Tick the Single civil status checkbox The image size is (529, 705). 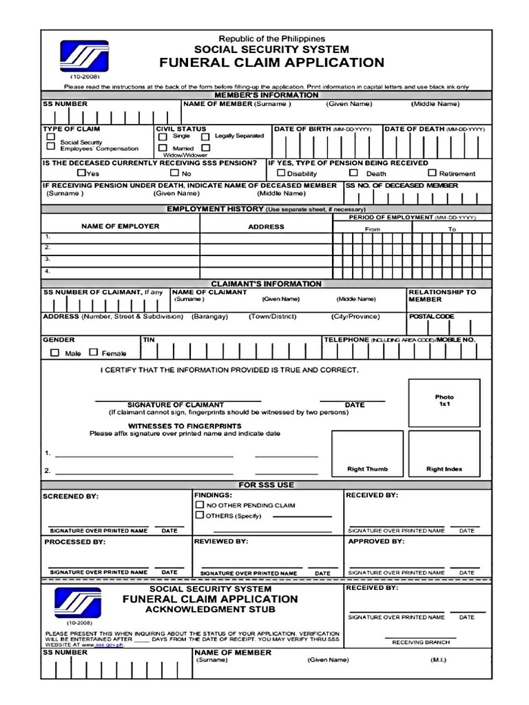pyautogui.click(x=163, y=136)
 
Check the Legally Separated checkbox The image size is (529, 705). pyautogui.click(x=205, y=136)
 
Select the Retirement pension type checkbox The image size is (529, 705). pyautogui.click(x=433, y=173)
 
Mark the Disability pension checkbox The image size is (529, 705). pyautogui.click(x=280, y=173)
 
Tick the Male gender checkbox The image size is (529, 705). pyautogui.click(x=55, y=352)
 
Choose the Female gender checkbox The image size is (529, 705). pyautogui.click(x=93, y=352)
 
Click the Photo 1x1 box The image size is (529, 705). pyautogui.click(x=444, y=401)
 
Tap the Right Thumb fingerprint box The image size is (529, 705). pyautogui.click(x=367, y=453)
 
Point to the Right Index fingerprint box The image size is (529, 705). pyautogui.click(x=444, y=453)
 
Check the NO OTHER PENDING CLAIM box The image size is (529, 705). pyautogui.click(x=200, y=505)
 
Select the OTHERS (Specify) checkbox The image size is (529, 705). pyautogui.click(x=200, y=515)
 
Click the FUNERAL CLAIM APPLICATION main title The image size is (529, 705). pyautogui.click(x=271, y=63)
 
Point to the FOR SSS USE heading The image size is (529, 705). pyautogui.click(x=266, y=485)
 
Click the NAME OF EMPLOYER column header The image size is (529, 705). pyautogui.click(x=120, y=226)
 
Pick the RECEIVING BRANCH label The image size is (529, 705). pyautogui.click(x=421, y=642)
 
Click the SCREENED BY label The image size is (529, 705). pyautogui.click(x=71, y=496)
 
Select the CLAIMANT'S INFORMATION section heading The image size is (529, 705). pyautogui.click(x=266, y=284)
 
